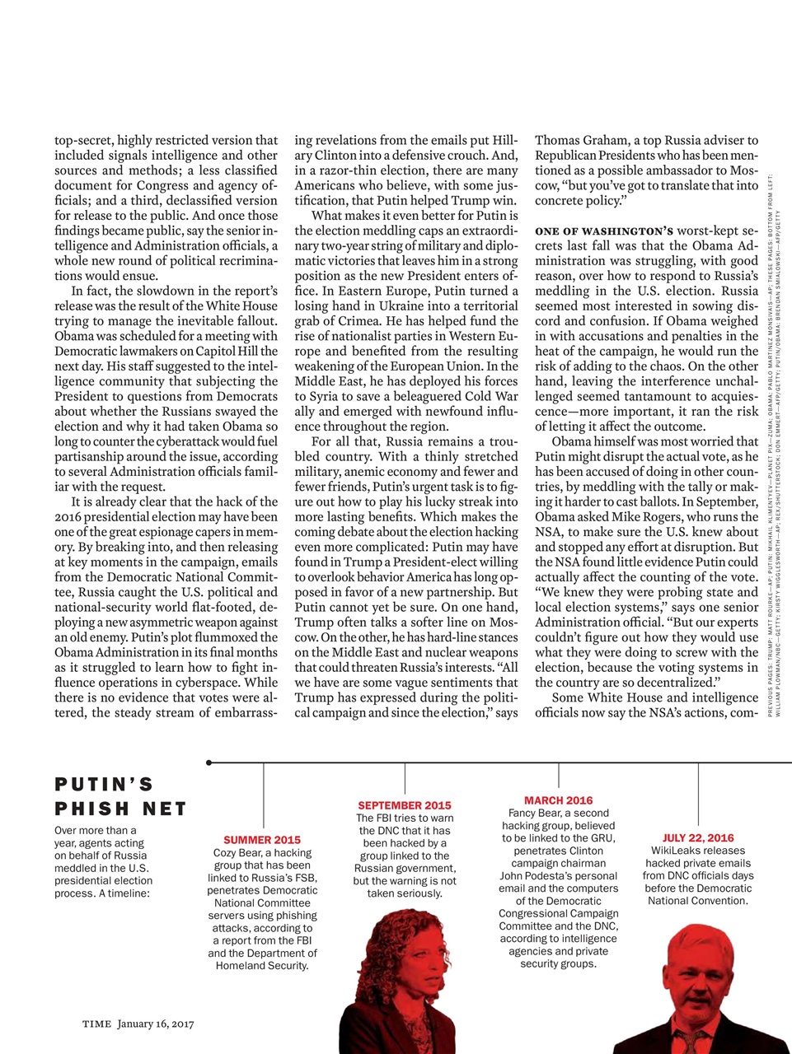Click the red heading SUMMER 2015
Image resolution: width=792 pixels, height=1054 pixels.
[x=262, y=840]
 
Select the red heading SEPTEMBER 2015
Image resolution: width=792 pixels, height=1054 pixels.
[x=404, y=804]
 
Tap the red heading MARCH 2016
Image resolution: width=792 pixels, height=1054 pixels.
[x=558, y=800]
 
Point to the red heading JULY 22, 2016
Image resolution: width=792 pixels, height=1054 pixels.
[x=697, y=837]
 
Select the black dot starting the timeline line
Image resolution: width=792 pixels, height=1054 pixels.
[x=209, y=763]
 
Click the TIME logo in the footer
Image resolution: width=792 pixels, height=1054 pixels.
[x=96, y=1024]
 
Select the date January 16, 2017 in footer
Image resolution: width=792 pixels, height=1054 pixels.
[x=155, y=1024]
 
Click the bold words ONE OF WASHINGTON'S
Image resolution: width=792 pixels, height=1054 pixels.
[x=604, y=231]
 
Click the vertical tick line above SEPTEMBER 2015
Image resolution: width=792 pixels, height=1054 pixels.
[x=405, y=778]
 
